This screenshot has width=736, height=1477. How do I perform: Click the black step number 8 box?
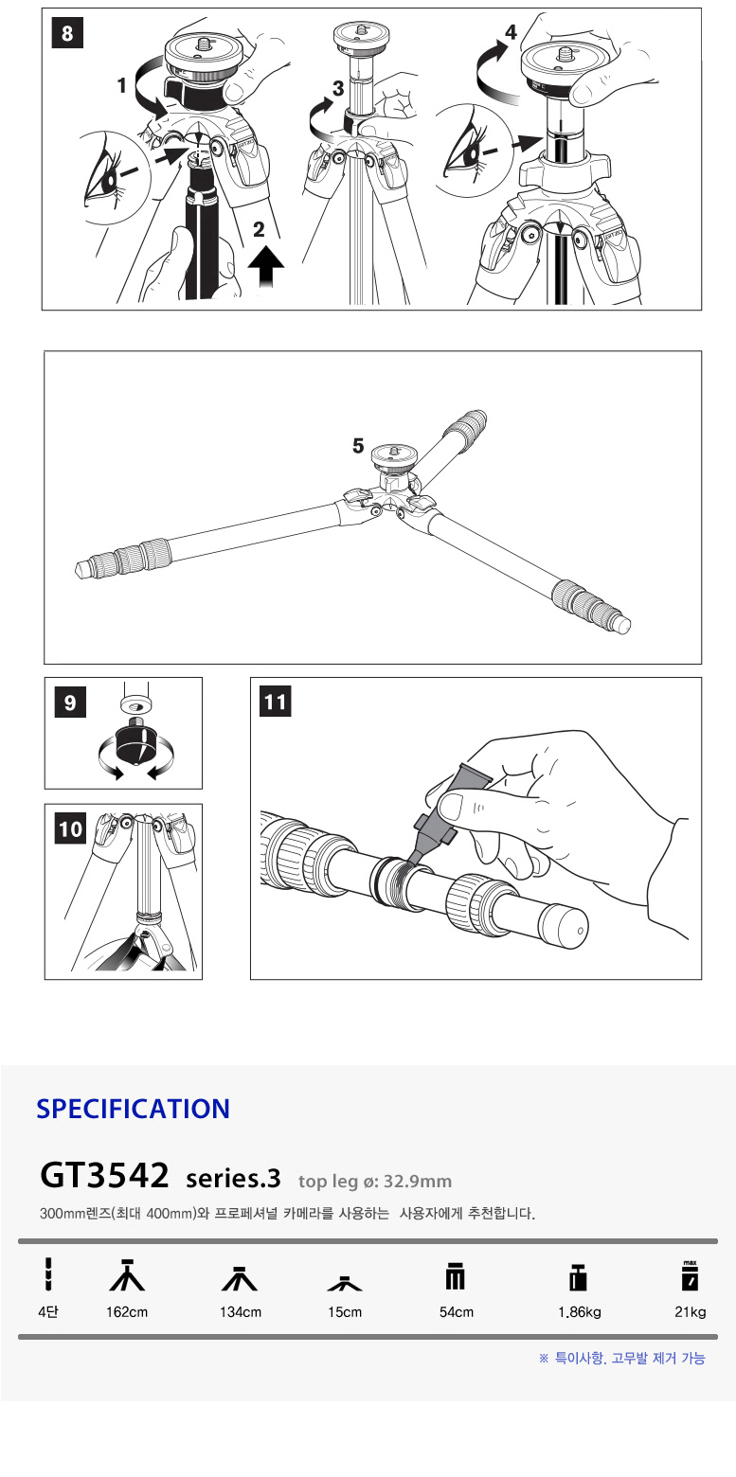tap(67, 33)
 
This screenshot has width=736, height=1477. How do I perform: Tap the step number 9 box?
tap(70, 703)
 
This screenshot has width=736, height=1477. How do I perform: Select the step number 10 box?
tap(70, 828)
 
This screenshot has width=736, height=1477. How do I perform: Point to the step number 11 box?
tap(276, 702)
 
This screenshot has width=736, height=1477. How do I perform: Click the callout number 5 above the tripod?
tap(358, 446)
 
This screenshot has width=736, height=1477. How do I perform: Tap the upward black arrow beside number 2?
tap(266, 266)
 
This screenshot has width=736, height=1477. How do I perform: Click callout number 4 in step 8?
tap(512, 31)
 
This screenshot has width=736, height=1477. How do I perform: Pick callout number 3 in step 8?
tap(338, 88)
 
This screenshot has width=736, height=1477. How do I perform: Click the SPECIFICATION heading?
tap(134, 1109)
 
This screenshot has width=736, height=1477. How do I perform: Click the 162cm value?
tap(127, 1312)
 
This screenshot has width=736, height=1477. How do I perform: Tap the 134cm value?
tap(240, 1312)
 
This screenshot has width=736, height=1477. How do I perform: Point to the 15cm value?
tap(345, 1312)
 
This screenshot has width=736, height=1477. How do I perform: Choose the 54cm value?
tap(457, 1312)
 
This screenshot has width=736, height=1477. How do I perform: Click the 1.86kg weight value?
tap(580, 1312)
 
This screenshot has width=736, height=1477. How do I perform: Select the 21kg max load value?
tap(690, 1312)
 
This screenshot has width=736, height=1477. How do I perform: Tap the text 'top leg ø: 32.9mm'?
tap(374, 1181)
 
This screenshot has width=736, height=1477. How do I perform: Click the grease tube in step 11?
tap(441, 811)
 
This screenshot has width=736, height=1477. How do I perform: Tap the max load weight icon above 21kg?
tap(690, 1275)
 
